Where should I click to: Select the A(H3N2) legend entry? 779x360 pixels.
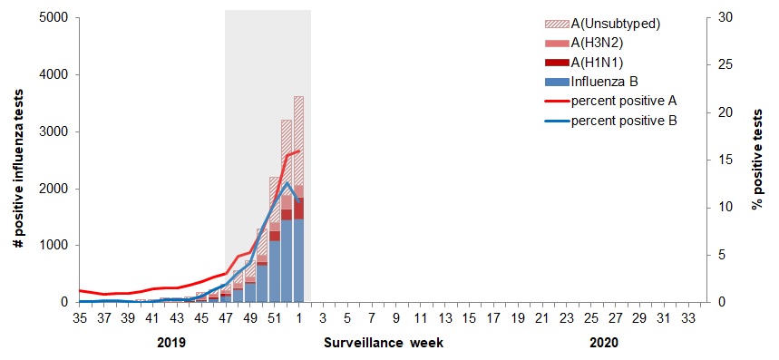click(x=599, y=43)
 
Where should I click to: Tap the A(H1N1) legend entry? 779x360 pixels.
click(x=599, y=62)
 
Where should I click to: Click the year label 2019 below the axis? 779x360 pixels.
click(x=171, y=345)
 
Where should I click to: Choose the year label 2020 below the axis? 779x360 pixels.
click(x=601, y=345)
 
